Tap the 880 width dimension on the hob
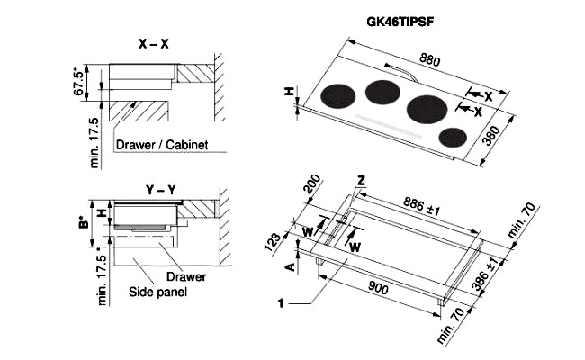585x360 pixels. (x=431, y=62)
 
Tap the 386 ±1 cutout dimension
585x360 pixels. (x=491, y=274)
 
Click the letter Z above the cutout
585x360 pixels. (x=361, y=181)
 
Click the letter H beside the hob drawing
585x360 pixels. (x=289, y=92)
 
